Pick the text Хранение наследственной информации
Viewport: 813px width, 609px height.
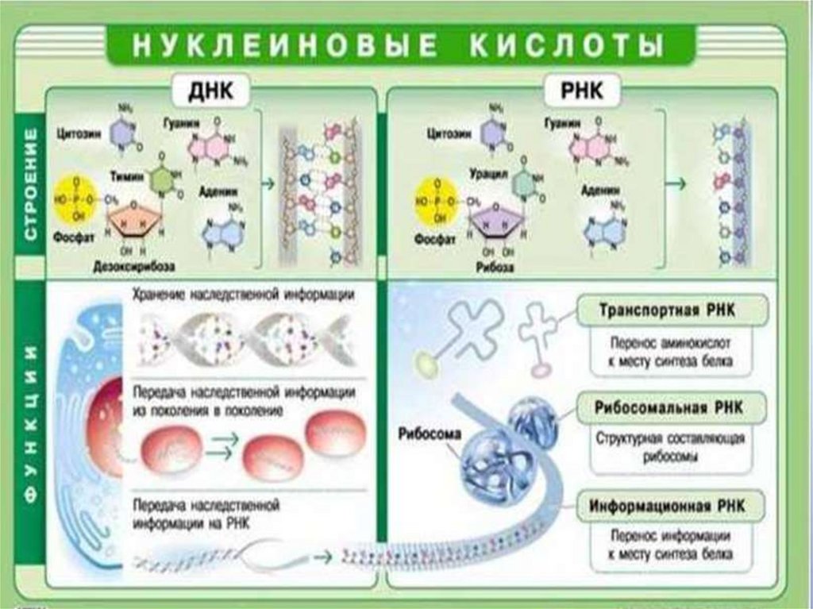tap(244, 295)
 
